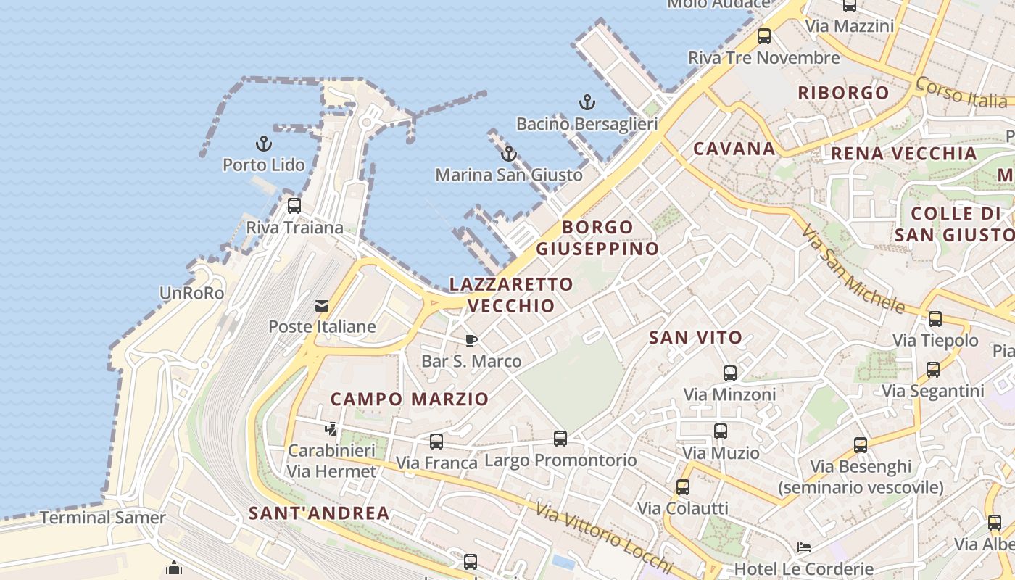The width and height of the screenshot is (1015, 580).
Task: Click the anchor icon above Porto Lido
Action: [264, 143]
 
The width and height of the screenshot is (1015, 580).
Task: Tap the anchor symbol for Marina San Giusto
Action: [509, 154]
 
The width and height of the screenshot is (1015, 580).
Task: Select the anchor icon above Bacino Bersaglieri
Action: [587, 102]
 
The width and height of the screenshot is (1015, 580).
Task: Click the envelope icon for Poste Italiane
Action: [321, 306]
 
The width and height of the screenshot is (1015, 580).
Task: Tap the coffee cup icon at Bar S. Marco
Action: [471, 340]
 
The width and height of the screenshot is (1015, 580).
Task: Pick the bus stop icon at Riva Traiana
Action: [294, 205]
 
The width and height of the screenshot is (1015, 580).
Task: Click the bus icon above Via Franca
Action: [436, 442]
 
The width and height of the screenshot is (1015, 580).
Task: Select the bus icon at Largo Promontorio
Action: [560, 438]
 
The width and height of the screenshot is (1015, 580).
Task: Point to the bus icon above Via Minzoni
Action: [729, 373]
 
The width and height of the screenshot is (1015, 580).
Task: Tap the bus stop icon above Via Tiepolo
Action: [935, 318]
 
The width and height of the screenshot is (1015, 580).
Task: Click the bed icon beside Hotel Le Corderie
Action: [803, 547]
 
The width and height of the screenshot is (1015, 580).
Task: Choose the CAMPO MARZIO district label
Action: [410, 399]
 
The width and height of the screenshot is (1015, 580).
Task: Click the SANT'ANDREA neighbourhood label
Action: [319, 513]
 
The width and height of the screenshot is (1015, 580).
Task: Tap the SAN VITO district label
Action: [695, 337]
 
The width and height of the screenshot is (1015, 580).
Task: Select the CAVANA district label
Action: [734, 149]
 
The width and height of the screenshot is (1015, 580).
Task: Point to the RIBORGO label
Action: [843, 93]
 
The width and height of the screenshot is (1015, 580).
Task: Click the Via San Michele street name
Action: [853, 268]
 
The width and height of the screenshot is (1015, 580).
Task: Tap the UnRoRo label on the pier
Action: [191, 293]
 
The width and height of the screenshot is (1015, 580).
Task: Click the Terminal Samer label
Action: [102, 518]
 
